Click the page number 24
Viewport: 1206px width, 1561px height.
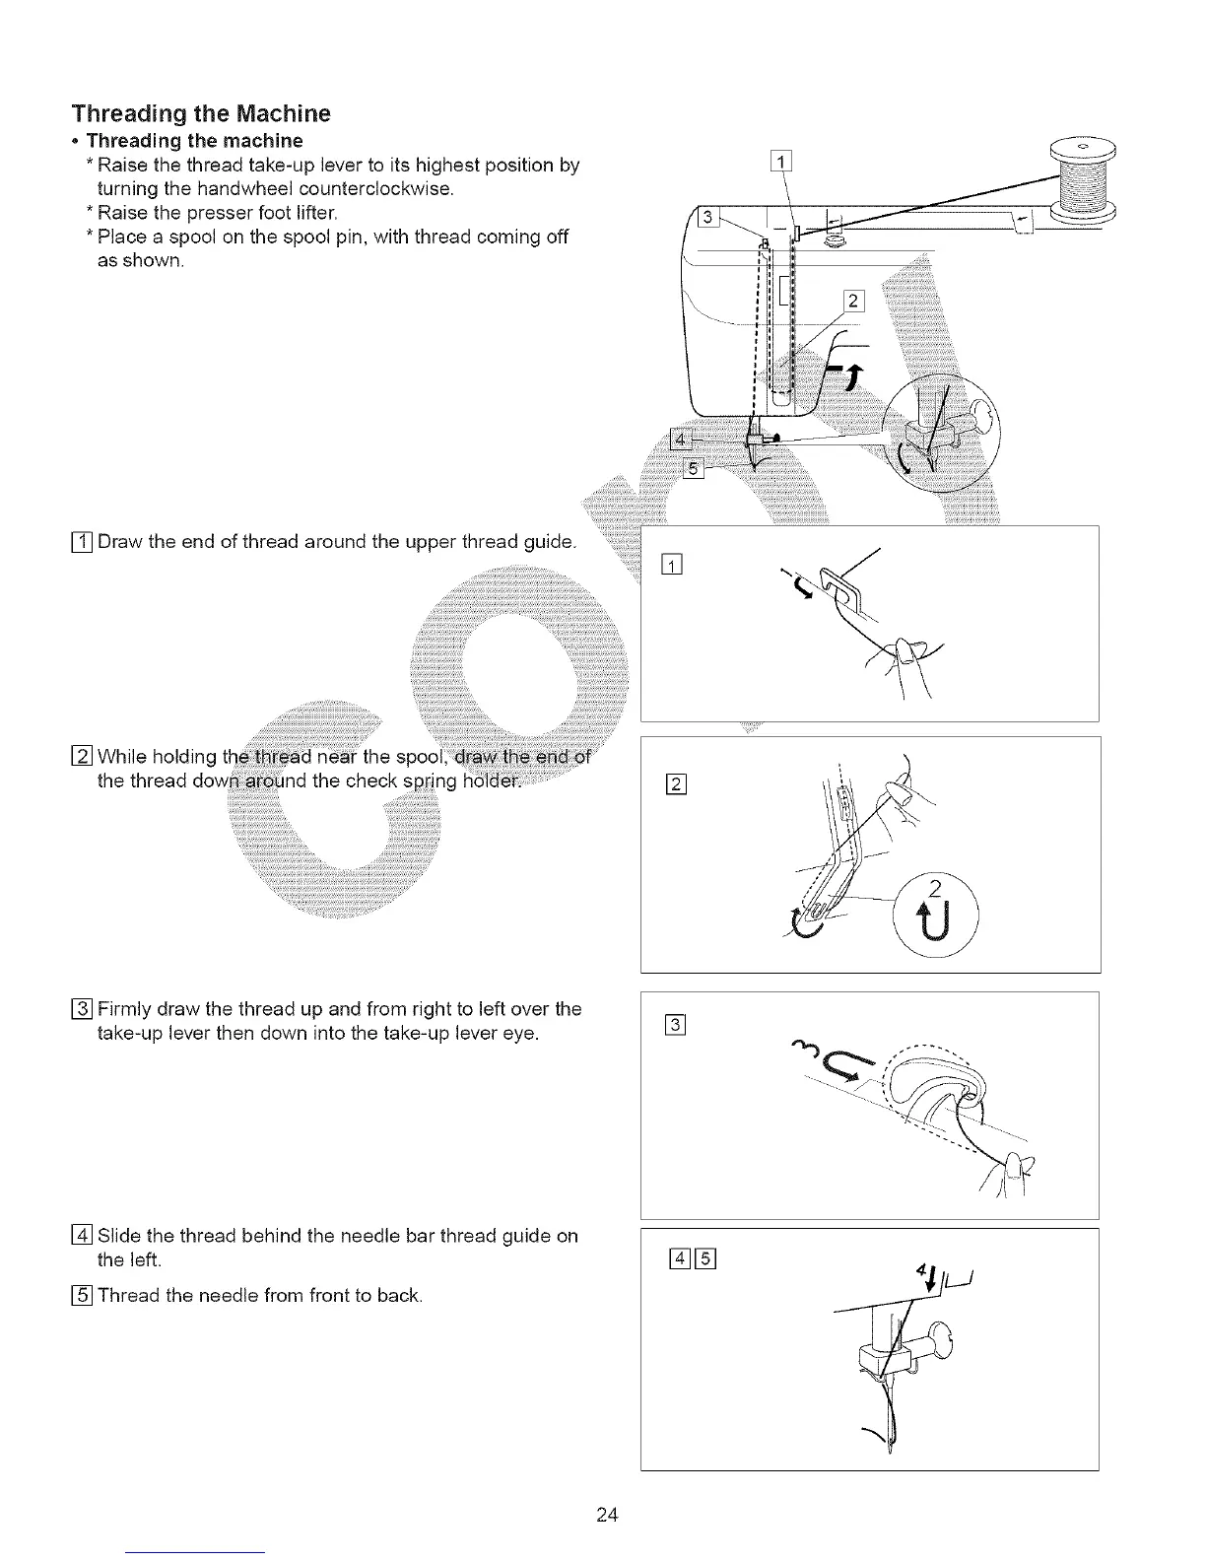click(606, 1515)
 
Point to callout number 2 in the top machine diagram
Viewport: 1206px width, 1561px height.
click(853, 301)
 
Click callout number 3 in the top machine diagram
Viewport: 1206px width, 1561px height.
click(706, 218)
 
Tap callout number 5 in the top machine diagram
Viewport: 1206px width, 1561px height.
click(693, 468)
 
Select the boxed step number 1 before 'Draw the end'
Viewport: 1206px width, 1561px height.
click(83, 541)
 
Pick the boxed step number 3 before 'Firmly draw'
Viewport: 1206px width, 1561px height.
click(83, 1008)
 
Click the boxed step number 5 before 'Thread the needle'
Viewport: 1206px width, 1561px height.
click(83, 1294)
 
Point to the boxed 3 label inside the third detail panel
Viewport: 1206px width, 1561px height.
click(675, 1026)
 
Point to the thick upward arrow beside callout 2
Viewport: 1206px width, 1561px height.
click(853, 375)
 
